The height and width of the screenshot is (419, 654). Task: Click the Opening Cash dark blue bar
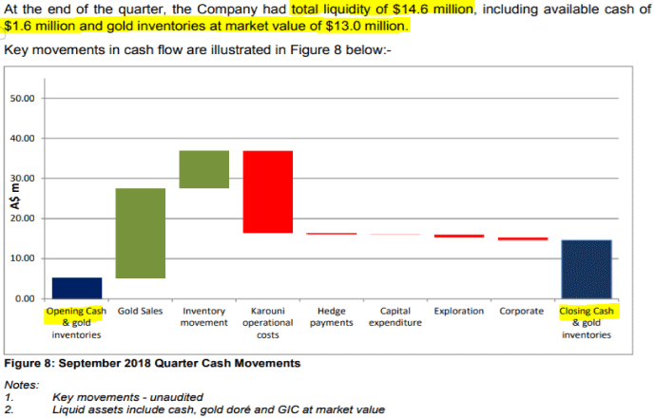click(77, 288)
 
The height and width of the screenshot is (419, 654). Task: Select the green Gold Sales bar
click(141, 233)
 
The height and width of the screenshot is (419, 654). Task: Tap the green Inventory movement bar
click(204, 169)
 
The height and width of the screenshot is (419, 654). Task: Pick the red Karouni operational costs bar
click(267, 191)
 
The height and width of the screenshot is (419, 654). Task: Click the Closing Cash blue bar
click(586, 269)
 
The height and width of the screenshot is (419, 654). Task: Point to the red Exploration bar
click(458, 236)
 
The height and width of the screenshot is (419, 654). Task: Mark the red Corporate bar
click(522, 238)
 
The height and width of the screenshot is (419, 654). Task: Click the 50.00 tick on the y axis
click(22, 99)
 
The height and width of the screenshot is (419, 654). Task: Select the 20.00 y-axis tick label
click(22, 219)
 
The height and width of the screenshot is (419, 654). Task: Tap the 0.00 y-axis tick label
click(25, 298)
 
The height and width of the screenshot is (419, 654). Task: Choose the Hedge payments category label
click(331, 316)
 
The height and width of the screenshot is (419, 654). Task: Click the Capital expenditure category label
click(394, 316)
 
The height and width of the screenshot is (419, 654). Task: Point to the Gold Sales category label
click(141, 311)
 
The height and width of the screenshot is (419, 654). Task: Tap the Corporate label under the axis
click(522, 311)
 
